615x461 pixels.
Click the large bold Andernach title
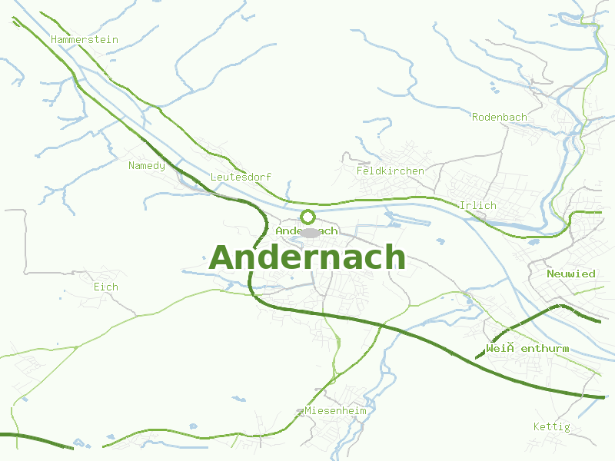pos(307,257)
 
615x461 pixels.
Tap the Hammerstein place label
pos(84,39)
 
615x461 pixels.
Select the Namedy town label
pos(146,165)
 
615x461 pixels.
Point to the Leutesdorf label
pos(241,177)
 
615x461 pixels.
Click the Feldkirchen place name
pos(390,171)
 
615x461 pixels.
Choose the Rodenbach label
pos(499,117)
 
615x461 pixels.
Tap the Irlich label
pos(477,205)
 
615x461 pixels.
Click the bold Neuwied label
pos(570,274)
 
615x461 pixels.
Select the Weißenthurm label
pos(527,349)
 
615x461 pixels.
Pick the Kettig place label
pos(551,426)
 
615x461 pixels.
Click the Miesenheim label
pos(335,411)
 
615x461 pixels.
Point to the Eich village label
pos(105,287)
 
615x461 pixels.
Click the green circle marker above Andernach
pos(307,217)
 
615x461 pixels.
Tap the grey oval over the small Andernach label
pos(309,232)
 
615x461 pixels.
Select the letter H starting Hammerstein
pos(54,39)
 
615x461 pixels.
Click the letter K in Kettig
pos(537,426)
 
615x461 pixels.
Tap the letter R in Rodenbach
pos(475,117)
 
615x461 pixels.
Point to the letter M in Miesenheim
pos(308,411)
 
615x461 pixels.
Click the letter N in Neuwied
pos(550,274)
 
